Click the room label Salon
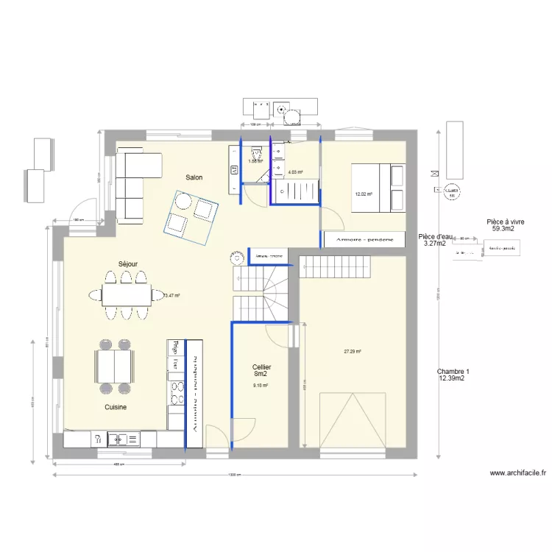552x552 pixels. point(194,177)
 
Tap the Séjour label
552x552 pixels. point(128,263)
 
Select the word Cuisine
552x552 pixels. point(116,407)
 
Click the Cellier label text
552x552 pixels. point(261,367)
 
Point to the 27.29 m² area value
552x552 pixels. point(353,352)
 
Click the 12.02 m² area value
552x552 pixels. point(364,194)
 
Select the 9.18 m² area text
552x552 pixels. point(261,385)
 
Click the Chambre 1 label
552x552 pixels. point(452,372)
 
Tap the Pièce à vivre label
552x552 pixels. point(505,222)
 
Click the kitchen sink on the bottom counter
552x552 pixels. point(118,440)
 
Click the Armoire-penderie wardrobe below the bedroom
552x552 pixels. point(364,240)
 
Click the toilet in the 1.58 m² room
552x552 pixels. point(257,154)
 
